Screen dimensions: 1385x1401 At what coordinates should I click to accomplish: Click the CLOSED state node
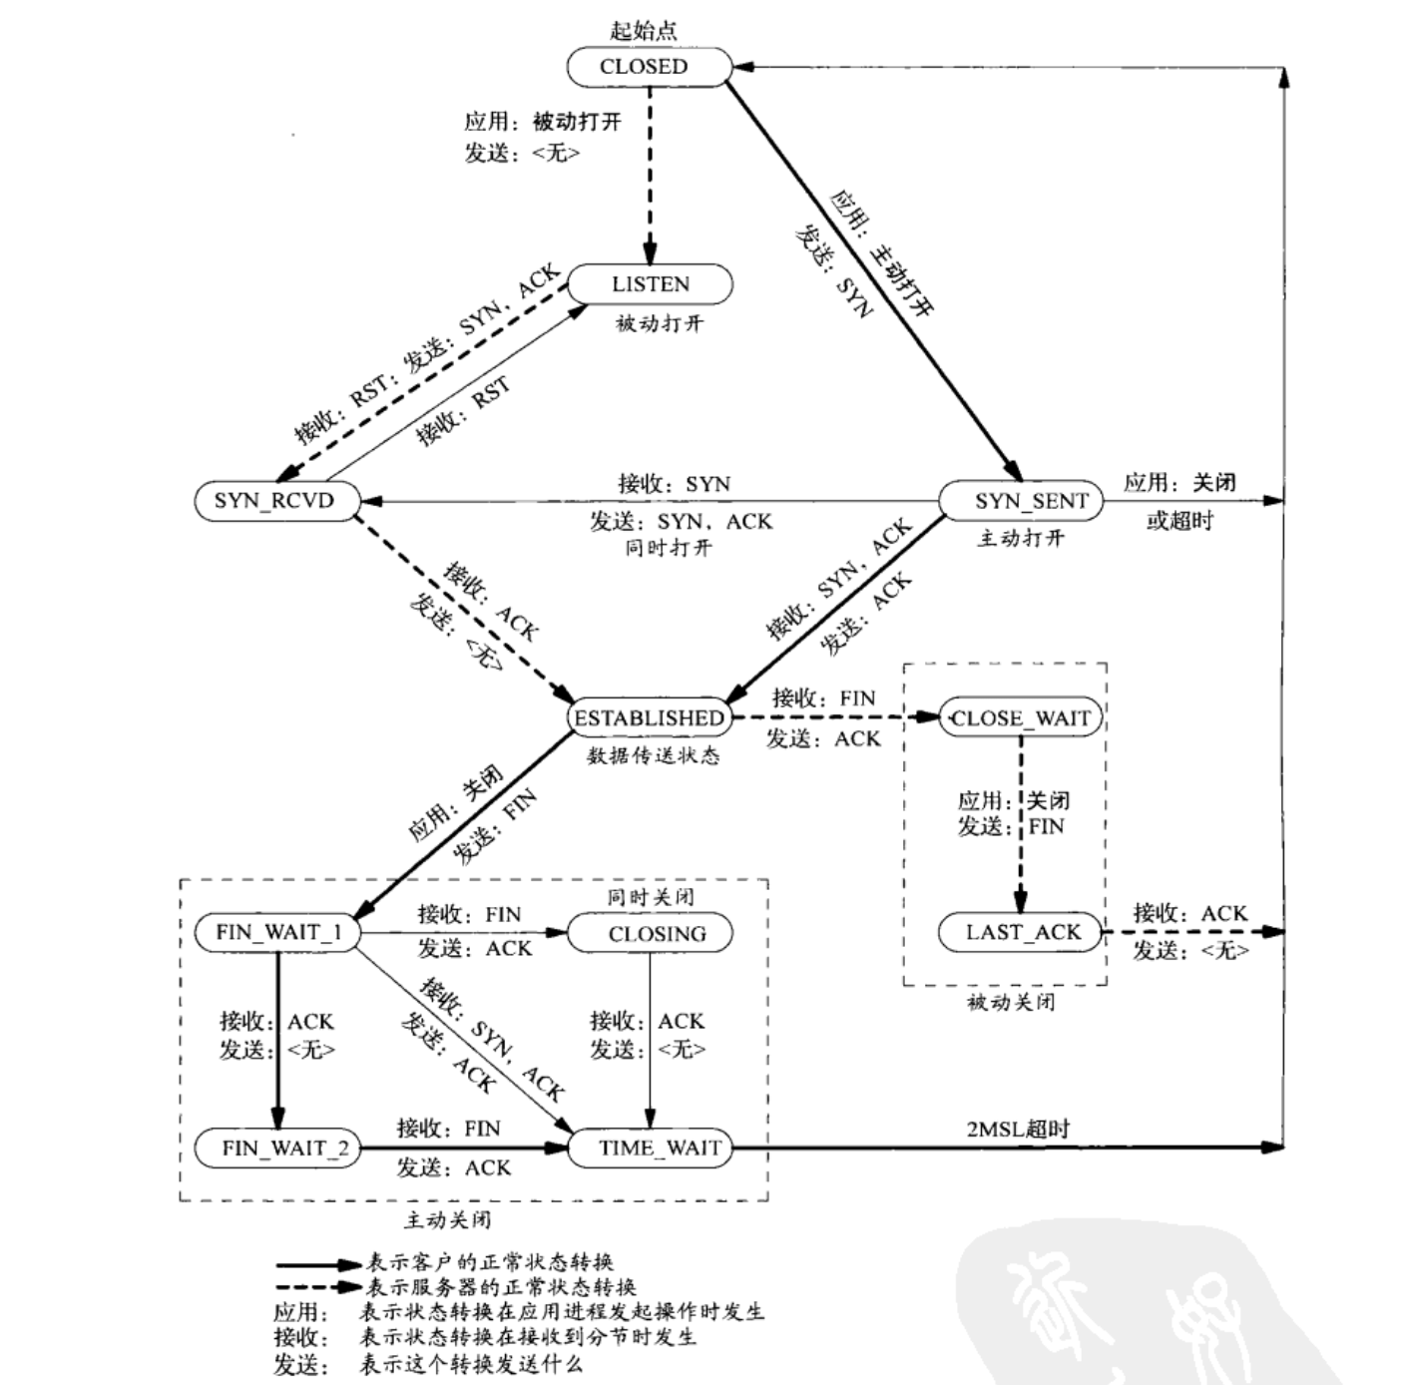(645, 67)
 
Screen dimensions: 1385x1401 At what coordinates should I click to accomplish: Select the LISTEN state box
(650, 284)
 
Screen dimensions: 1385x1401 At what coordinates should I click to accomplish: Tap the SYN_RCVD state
(274, 500)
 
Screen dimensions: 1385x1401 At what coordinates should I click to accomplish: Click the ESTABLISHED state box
(649, 717)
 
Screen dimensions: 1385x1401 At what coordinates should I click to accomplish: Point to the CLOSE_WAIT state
(1020, 717)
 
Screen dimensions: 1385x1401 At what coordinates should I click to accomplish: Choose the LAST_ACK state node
(1022, 932)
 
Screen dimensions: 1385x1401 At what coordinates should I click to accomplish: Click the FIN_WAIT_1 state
(278, 932)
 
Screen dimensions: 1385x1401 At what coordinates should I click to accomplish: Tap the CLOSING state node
(651, 934)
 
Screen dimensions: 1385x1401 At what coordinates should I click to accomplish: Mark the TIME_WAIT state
(651, 1148)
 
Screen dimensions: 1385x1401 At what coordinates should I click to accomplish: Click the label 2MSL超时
(1017, 1129)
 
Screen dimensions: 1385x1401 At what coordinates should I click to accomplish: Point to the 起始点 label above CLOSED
(644, 30)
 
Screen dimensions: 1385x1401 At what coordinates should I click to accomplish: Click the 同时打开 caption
(669, 548)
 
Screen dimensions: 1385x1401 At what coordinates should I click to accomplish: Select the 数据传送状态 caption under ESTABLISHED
(653, 755)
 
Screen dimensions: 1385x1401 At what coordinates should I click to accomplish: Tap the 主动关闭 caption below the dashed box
(447, 1219)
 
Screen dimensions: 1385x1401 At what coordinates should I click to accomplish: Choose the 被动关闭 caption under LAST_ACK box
(1010, 1002)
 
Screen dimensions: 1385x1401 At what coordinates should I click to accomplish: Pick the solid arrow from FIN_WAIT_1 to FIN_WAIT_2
(277, 1038)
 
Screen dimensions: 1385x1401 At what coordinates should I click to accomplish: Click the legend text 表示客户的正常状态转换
(489, 1262)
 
